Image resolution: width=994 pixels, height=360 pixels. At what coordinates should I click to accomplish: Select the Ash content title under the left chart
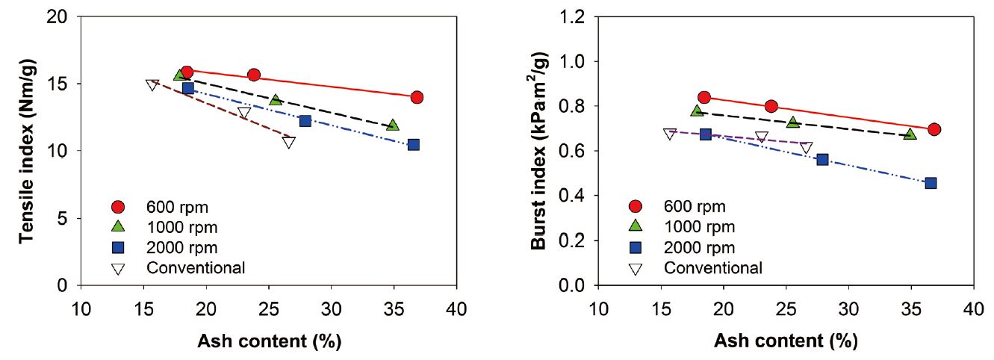click(269, 341)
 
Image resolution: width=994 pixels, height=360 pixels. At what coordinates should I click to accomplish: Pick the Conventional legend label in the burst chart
click(713, 267)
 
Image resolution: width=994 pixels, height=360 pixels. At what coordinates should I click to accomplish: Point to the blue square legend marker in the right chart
click(636, 247)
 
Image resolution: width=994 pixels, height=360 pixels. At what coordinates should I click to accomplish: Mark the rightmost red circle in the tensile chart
click(417, 97)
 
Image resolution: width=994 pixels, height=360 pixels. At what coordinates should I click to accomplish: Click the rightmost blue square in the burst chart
click(931, 183)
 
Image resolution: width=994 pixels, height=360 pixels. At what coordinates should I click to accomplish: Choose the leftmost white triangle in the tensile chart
click(152, 84)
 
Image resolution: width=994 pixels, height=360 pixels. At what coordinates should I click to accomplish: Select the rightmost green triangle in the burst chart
click(910, 134)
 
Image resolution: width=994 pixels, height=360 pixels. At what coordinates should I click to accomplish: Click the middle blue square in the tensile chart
click(305, 121)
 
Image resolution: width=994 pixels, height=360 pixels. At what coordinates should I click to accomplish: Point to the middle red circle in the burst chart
click(771, 107)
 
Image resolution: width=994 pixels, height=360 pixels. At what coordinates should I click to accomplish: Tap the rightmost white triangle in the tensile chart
click(289, 142)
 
